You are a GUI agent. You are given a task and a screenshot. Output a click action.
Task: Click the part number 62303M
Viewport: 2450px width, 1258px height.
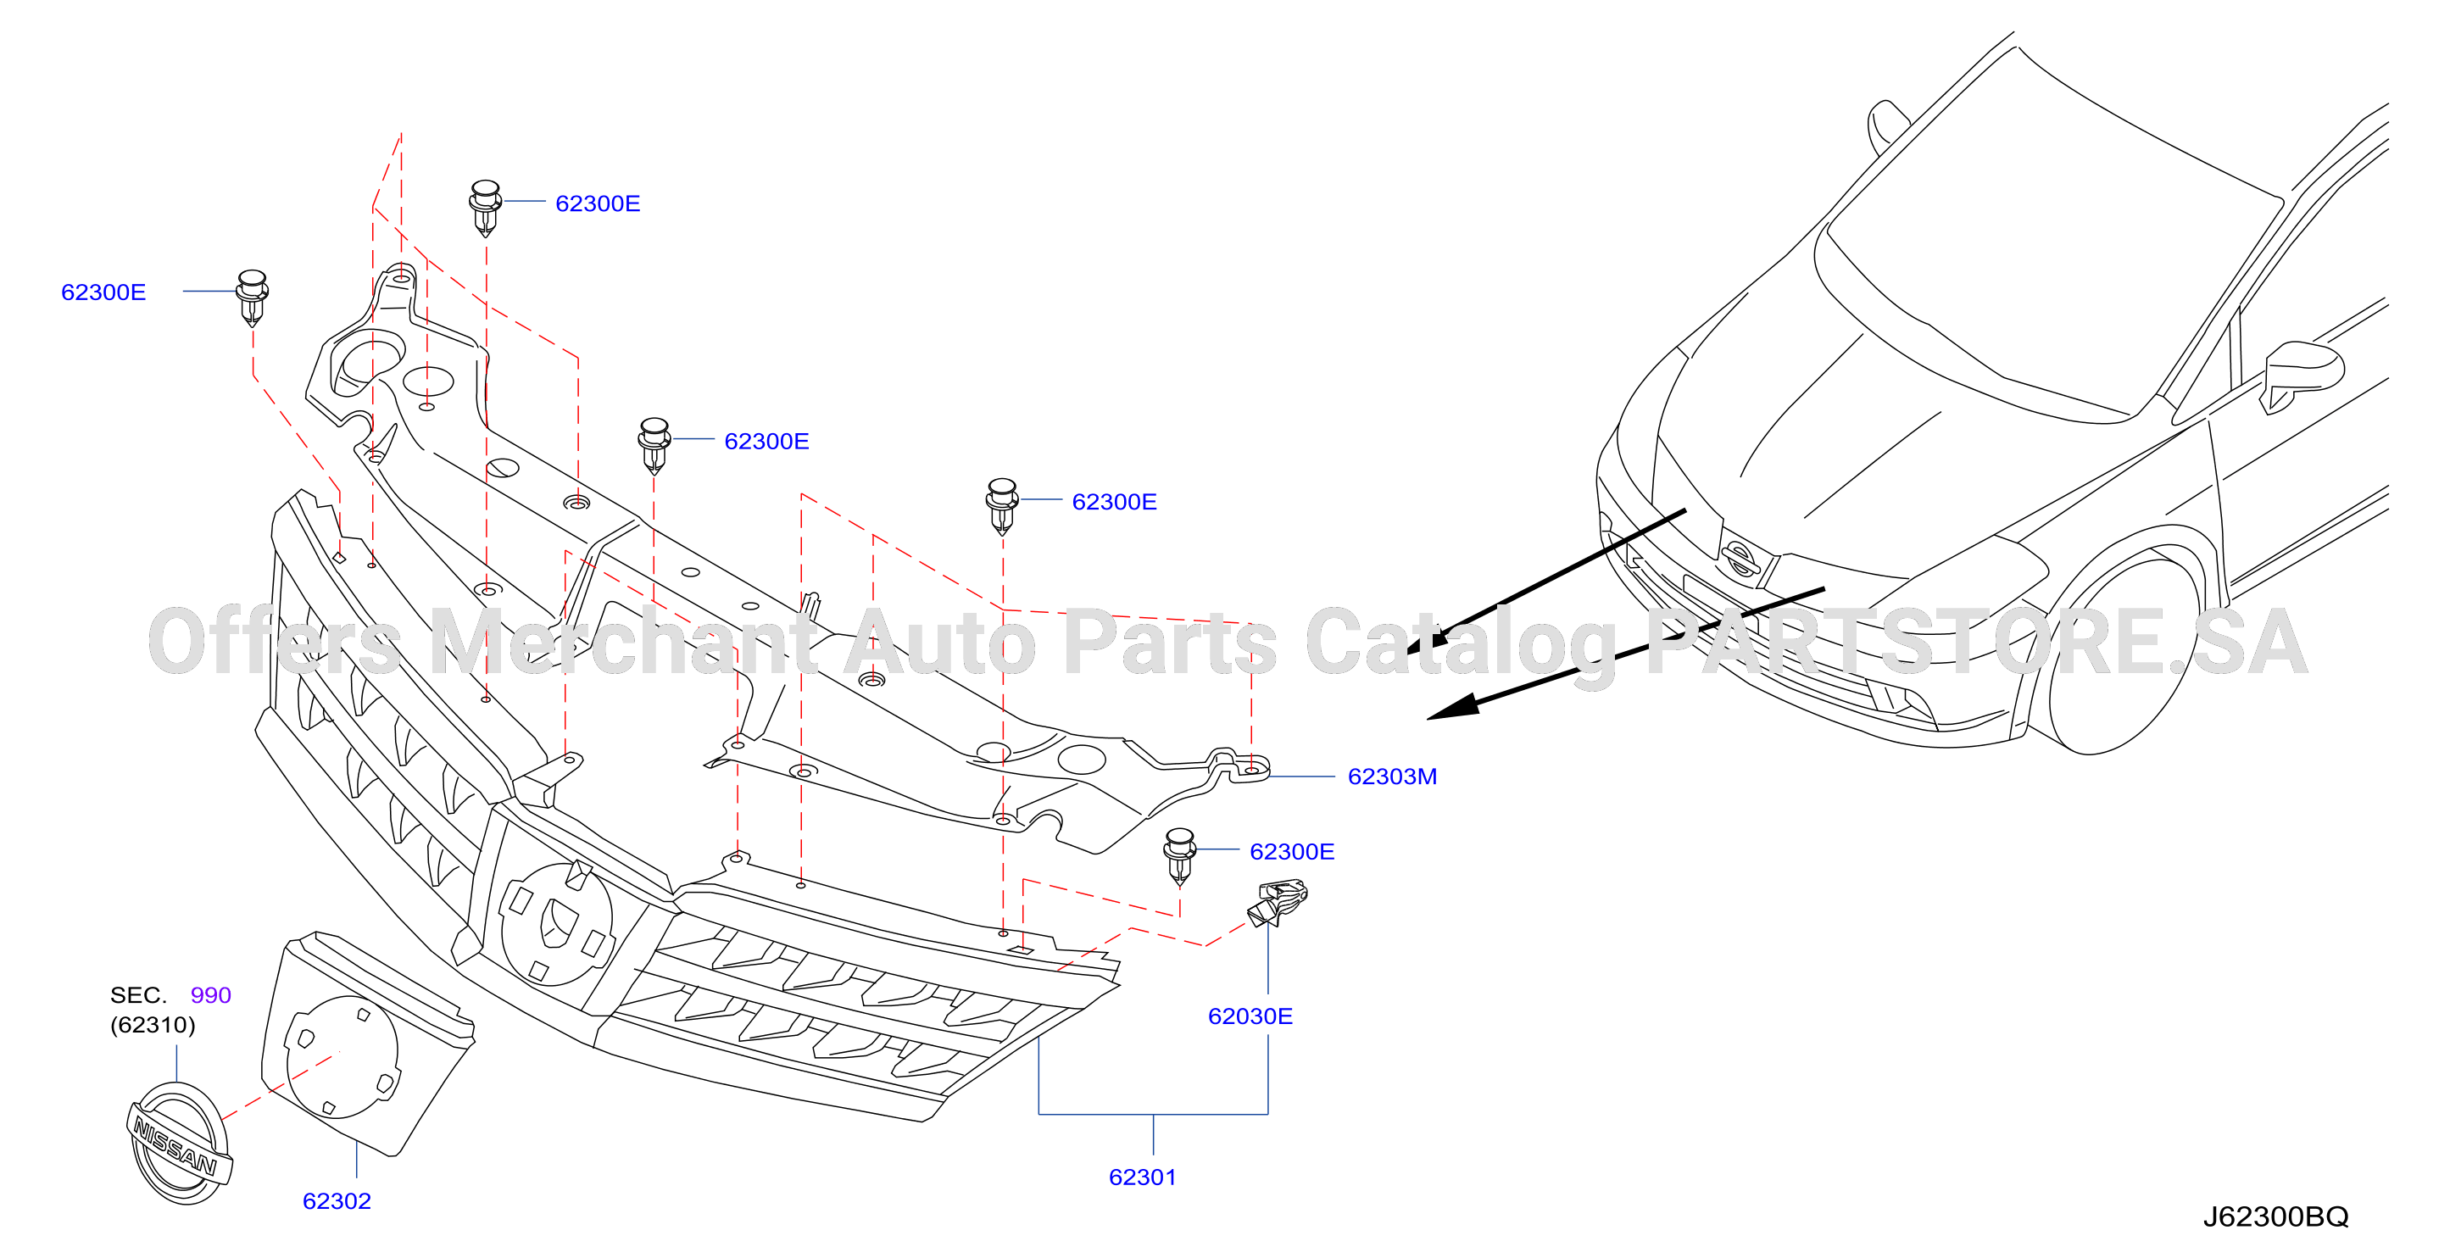[1391, 777]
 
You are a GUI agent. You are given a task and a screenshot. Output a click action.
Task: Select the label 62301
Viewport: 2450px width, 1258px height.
[1142, 1177]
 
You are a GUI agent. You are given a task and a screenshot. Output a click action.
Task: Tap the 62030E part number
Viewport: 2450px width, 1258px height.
[1250, 1016]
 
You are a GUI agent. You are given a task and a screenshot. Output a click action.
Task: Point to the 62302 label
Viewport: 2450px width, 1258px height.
[337, 1201]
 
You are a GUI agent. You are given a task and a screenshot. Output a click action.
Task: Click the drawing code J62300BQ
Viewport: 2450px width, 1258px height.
[2275, 1217]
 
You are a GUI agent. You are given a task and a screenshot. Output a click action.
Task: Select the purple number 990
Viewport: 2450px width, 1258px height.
[210, 995]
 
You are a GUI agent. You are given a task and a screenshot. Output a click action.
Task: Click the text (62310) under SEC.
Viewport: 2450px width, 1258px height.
[153, 1025]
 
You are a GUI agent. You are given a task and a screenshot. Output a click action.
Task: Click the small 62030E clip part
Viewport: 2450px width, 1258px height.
[1278, 902]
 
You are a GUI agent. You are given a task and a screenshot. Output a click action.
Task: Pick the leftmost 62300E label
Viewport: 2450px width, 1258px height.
[103, 292]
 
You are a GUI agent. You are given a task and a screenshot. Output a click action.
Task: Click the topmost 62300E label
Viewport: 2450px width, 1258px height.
[598, 203]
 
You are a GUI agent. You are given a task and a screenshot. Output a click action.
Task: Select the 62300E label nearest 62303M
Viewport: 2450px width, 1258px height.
[1292, 852]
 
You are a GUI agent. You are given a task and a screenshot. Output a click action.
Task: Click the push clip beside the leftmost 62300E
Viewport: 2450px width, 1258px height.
[252, 298]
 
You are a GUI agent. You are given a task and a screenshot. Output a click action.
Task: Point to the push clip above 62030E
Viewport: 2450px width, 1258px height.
[1179, 857]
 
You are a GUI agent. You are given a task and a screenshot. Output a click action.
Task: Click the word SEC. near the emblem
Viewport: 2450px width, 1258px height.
[138, 995]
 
